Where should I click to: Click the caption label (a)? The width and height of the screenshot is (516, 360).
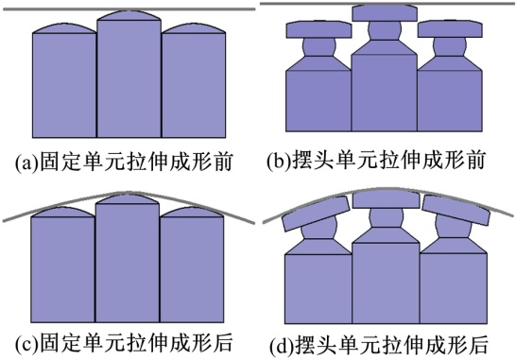point(27,163)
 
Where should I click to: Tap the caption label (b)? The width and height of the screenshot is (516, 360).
point(279,161)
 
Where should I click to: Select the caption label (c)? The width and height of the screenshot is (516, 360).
point(27,343)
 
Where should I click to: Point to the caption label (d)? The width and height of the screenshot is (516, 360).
point(283,345)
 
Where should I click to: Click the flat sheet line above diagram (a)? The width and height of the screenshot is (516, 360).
point(129,9)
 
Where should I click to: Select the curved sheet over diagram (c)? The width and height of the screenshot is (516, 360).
point(129,193)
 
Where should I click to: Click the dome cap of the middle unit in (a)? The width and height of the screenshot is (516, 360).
point(129,15)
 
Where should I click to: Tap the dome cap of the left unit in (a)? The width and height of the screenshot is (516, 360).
point(64,28)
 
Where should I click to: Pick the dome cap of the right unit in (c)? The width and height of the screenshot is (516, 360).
point(192,213)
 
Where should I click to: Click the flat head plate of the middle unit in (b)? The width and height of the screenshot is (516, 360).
point(385,13)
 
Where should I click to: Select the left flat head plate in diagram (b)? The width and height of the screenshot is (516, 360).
point(318,29)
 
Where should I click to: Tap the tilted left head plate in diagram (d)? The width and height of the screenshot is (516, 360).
point(316,214)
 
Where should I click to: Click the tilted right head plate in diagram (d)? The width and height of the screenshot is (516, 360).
point(456,211)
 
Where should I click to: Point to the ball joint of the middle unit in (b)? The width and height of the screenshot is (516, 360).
point(385,30)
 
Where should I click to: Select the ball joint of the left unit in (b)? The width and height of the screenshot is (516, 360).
point(318,46)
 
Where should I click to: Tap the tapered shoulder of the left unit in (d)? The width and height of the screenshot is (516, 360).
point(318,247)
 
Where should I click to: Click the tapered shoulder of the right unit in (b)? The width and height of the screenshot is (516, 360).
point(450,63)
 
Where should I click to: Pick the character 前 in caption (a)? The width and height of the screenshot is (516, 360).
point(222,162)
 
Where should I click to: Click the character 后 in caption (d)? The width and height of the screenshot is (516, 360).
point(477,345)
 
